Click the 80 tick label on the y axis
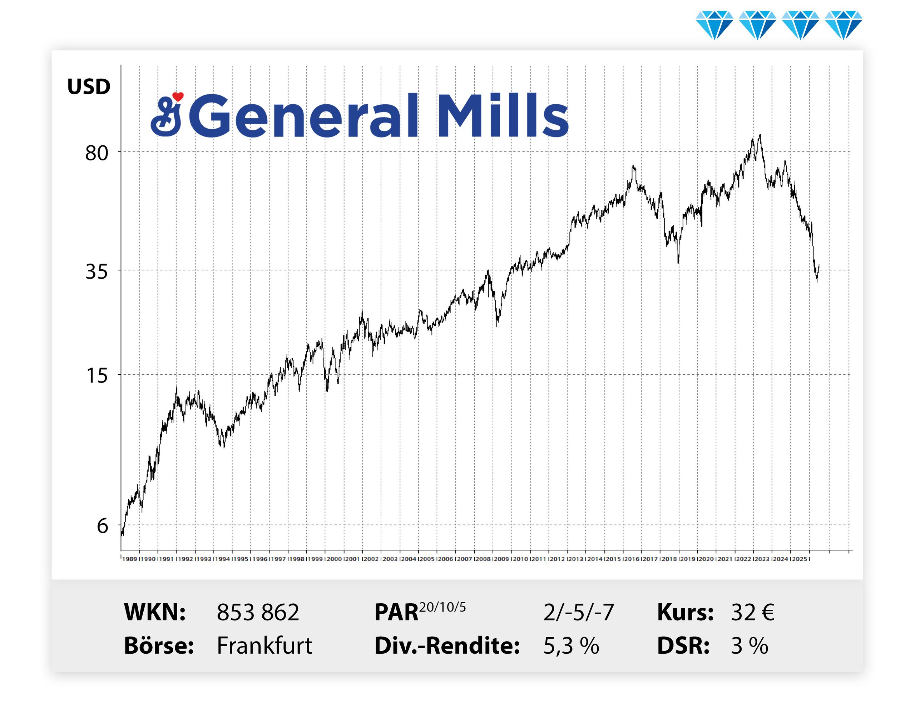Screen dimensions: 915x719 tap(97, 153)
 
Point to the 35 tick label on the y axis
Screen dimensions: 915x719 tap(97, 271)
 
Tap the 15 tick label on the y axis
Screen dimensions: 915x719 tap(97, 375)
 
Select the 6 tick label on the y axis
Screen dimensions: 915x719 tap(102, 526)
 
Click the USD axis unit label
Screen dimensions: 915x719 tap(89, 87)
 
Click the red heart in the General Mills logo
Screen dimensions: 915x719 tap(178, 97)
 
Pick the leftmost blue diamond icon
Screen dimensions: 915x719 tap(714, 25)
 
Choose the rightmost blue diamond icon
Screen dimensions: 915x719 tap(844, 25)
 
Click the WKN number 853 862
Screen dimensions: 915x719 tap(258, 612)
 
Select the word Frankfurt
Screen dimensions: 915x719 tap(264, 645)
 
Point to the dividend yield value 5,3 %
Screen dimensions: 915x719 tap(571, 646)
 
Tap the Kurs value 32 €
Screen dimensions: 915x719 tap(752, 612)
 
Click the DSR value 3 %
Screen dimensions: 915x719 tap(750, 646)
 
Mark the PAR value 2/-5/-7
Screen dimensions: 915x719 tap(579, 613)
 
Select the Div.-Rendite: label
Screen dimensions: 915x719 tap(447, 646)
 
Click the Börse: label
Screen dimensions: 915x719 tap(159, 645)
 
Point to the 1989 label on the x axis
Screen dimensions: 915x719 tap(130, 559)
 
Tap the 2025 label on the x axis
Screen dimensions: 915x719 tap(799, 559)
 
